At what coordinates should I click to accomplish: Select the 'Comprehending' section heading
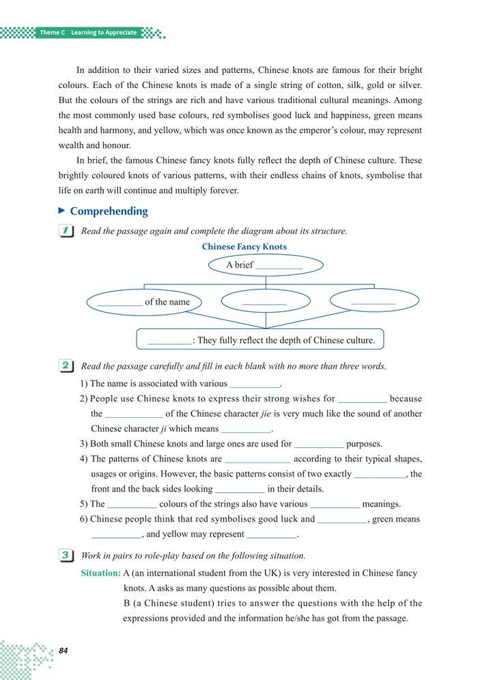(109, 212)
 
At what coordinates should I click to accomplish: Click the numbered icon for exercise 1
(67, 231)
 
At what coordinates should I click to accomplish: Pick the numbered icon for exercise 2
(67, 367)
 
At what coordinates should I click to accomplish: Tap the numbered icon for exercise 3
(67, 556)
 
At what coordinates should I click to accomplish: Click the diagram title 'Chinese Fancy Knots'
(244, 247)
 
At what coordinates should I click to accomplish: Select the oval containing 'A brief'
(265, 265)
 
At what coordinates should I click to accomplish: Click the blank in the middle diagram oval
(264, 301)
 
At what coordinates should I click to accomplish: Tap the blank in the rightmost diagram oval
(373, 301)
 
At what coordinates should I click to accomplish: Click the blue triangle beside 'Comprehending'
(62, 212)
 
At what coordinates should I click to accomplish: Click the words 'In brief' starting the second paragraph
(91, 160)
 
